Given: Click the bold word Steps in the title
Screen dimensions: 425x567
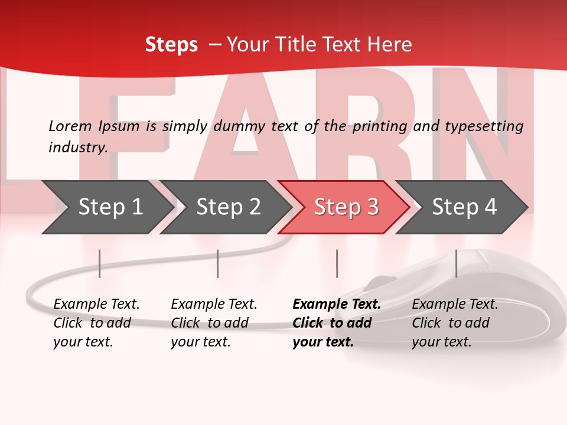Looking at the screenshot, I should (x=171, y=45).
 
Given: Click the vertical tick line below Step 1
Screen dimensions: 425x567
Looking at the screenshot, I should (x=100, y=263).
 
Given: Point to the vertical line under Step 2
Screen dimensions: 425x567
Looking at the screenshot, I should (x=218, y=263).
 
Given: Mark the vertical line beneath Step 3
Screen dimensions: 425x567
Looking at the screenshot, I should (x=337, y=263).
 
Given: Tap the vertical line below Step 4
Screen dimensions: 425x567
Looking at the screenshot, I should (x=456, y=263).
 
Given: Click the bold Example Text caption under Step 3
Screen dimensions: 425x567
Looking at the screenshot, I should (x=337, y=323).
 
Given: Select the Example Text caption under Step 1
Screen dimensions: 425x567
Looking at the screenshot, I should (x=96, y=323).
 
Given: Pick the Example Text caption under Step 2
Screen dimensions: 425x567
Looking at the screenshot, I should (x=214, y=323).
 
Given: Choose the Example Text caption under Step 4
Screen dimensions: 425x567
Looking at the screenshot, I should (x=455, y=323).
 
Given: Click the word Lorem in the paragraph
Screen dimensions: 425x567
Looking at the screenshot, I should (x=70, y=126).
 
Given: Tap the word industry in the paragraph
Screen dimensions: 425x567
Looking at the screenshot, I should (x=77, y=148).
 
